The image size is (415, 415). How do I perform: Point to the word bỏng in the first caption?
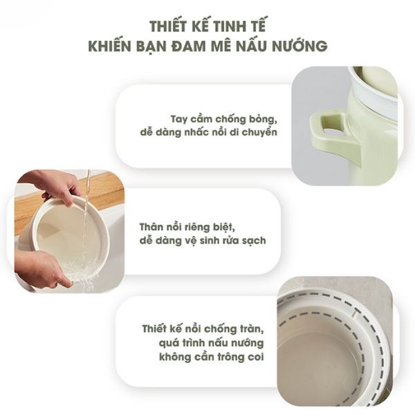pyautogui.click(x=263, y=120)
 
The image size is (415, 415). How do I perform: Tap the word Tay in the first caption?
pyautogui.click(x=179, y=120)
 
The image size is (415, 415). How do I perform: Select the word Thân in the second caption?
pyautogui.click(x=151, y=227)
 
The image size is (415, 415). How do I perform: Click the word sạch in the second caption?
pyautogui.click(x=255, y=241)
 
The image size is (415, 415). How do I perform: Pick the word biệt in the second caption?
pyautogui.click(x=224, y=228)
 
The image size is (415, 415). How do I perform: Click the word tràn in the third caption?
pyautogui.click(x=252, y=329)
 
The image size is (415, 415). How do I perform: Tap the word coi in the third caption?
pyautogui.click(x=256, y=357)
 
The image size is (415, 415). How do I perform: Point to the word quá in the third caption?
pyautogui.click(x=169, y=344)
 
